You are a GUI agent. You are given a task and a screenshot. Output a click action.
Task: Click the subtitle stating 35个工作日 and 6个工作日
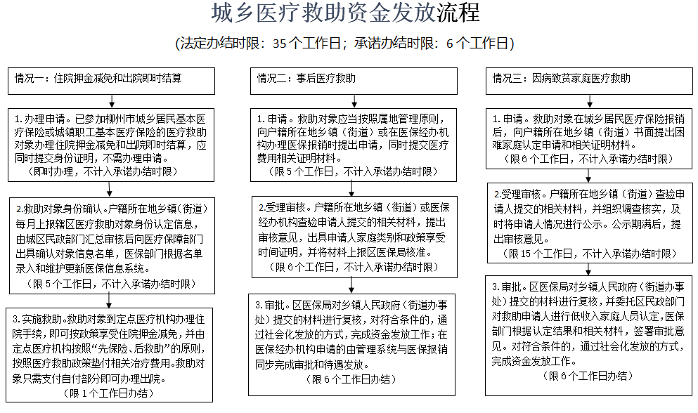pos(345,44)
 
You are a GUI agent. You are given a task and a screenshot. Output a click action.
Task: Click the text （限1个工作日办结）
pos(111,393)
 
